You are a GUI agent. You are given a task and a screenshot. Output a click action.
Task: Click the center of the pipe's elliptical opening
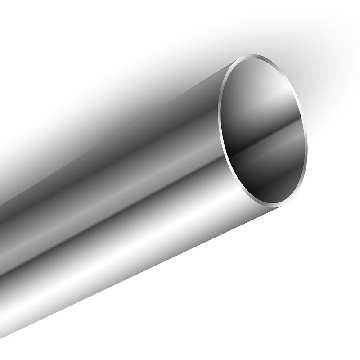(265, 130)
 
